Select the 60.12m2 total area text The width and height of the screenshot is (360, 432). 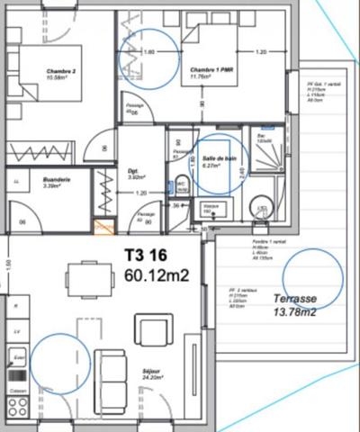156,274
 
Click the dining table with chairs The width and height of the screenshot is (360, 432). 87,278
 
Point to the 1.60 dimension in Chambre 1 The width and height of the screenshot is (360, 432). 149,52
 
